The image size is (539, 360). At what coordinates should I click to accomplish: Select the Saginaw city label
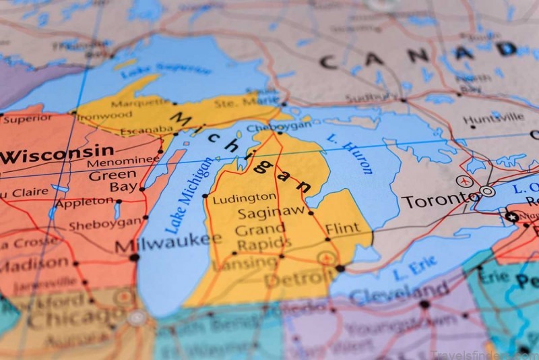(269, 212)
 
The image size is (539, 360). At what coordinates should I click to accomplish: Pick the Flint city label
(342, 228)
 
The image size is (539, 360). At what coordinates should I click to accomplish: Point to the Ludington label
(244, 198)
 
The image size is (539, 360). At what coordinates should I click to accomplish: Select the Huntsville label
(493, 117)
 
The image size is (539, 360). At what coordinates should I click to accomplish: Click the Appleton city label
(84, 201)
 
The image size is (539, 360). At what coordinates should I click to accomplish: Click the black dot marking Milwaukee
(134, 257)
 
